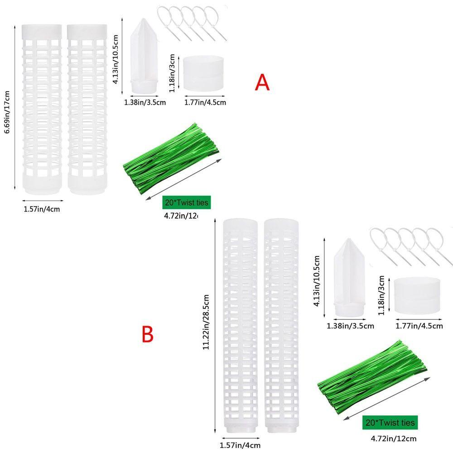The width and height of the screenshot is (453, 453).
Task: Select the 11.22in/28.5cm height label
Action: coord(207,323)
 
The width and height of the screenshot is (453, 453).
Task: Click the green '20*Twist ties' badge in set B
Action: coord(390,423)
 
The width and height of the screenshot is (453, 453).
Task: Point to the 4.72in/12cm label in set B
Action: coord(393,438)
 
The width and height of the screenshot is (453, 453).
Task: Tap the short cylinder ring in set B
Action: coord(417,295)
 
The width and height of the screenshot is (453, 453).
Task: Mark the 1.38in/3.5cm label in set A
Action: coord(145,102)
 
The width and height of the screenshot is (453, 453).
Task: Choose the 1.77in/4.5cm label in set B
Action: coord(419,326)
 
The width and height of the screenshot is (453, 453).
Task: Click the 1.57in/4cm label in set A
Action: coord(42,209)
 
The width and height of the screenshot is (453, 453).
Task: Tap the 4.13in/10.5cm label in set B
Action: coord(318,281)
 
